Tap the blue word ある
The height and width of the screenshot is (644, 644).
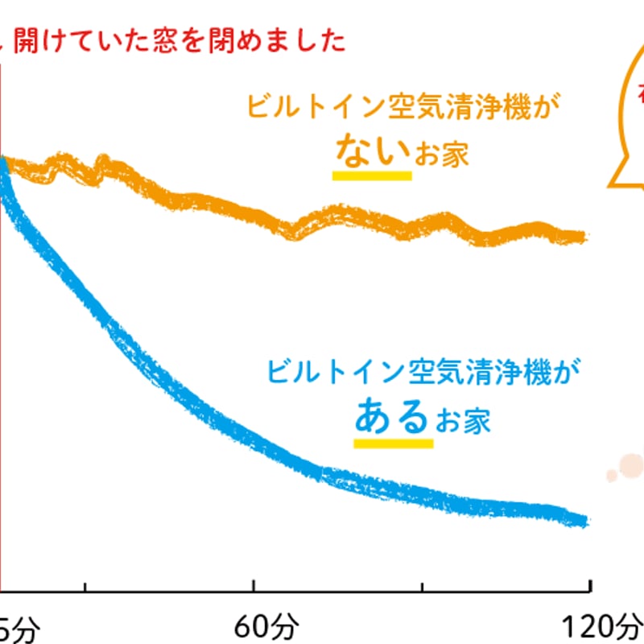(392, 416)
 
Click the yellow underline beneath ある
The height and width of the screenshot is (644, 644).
(393, 442)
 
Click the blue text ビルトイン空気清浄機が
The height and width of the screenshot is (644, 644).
(423, 372)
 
